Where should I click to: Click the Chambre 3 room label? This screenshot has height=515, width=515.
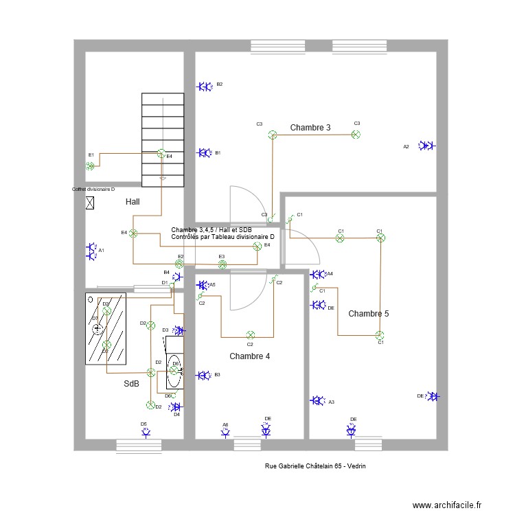pyautogui.click(x=310, y=128)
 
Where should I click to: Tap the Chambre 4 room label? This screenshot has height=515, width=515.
pyautogui.click(x=249, y=356)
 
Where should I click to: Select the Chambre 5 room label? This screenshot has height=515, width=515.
pyautogui.click(x=369, y=314)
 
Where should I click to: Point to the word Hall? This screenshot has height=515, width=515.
pyautogui.click(x=133, y=203)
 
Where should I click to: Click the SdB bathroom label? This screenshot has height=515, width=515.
pyautogui.click(x=131, y=384)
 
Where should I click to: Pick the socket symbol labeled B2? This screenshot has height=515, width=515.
pyautogui.click(x=204, y=87)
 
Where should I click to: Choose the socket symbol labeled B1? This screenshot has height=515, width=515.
pyautogui.click(x=204, y=153)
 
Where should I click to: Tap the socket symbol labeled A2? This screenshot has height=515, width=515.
pyautogui.click(x=427, y=146)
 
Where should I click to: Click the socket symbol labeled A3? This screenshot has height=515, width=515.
pyautogui.click(x=317, y=400)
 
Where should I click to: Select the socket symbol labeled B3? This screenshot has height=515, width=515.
pyautogui.click(x=203, y=375)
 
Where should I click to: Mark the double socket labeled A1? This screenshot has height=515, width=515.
pyautogui.click(x=92, y=251)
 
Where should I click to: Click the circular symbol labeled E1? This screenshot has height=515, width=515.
pyautogui.click(x=90, y=165)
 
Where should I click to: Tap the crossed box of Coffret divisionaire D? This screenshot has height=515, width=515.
pyautogui.click(x=90, y=203)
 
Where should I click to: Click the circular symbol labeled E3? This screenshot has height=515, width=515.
pyautogui.click(x=222, y=263)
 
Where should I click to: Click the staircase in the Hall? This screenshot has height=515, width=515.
pyautogui.click(x=163, y=139)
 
